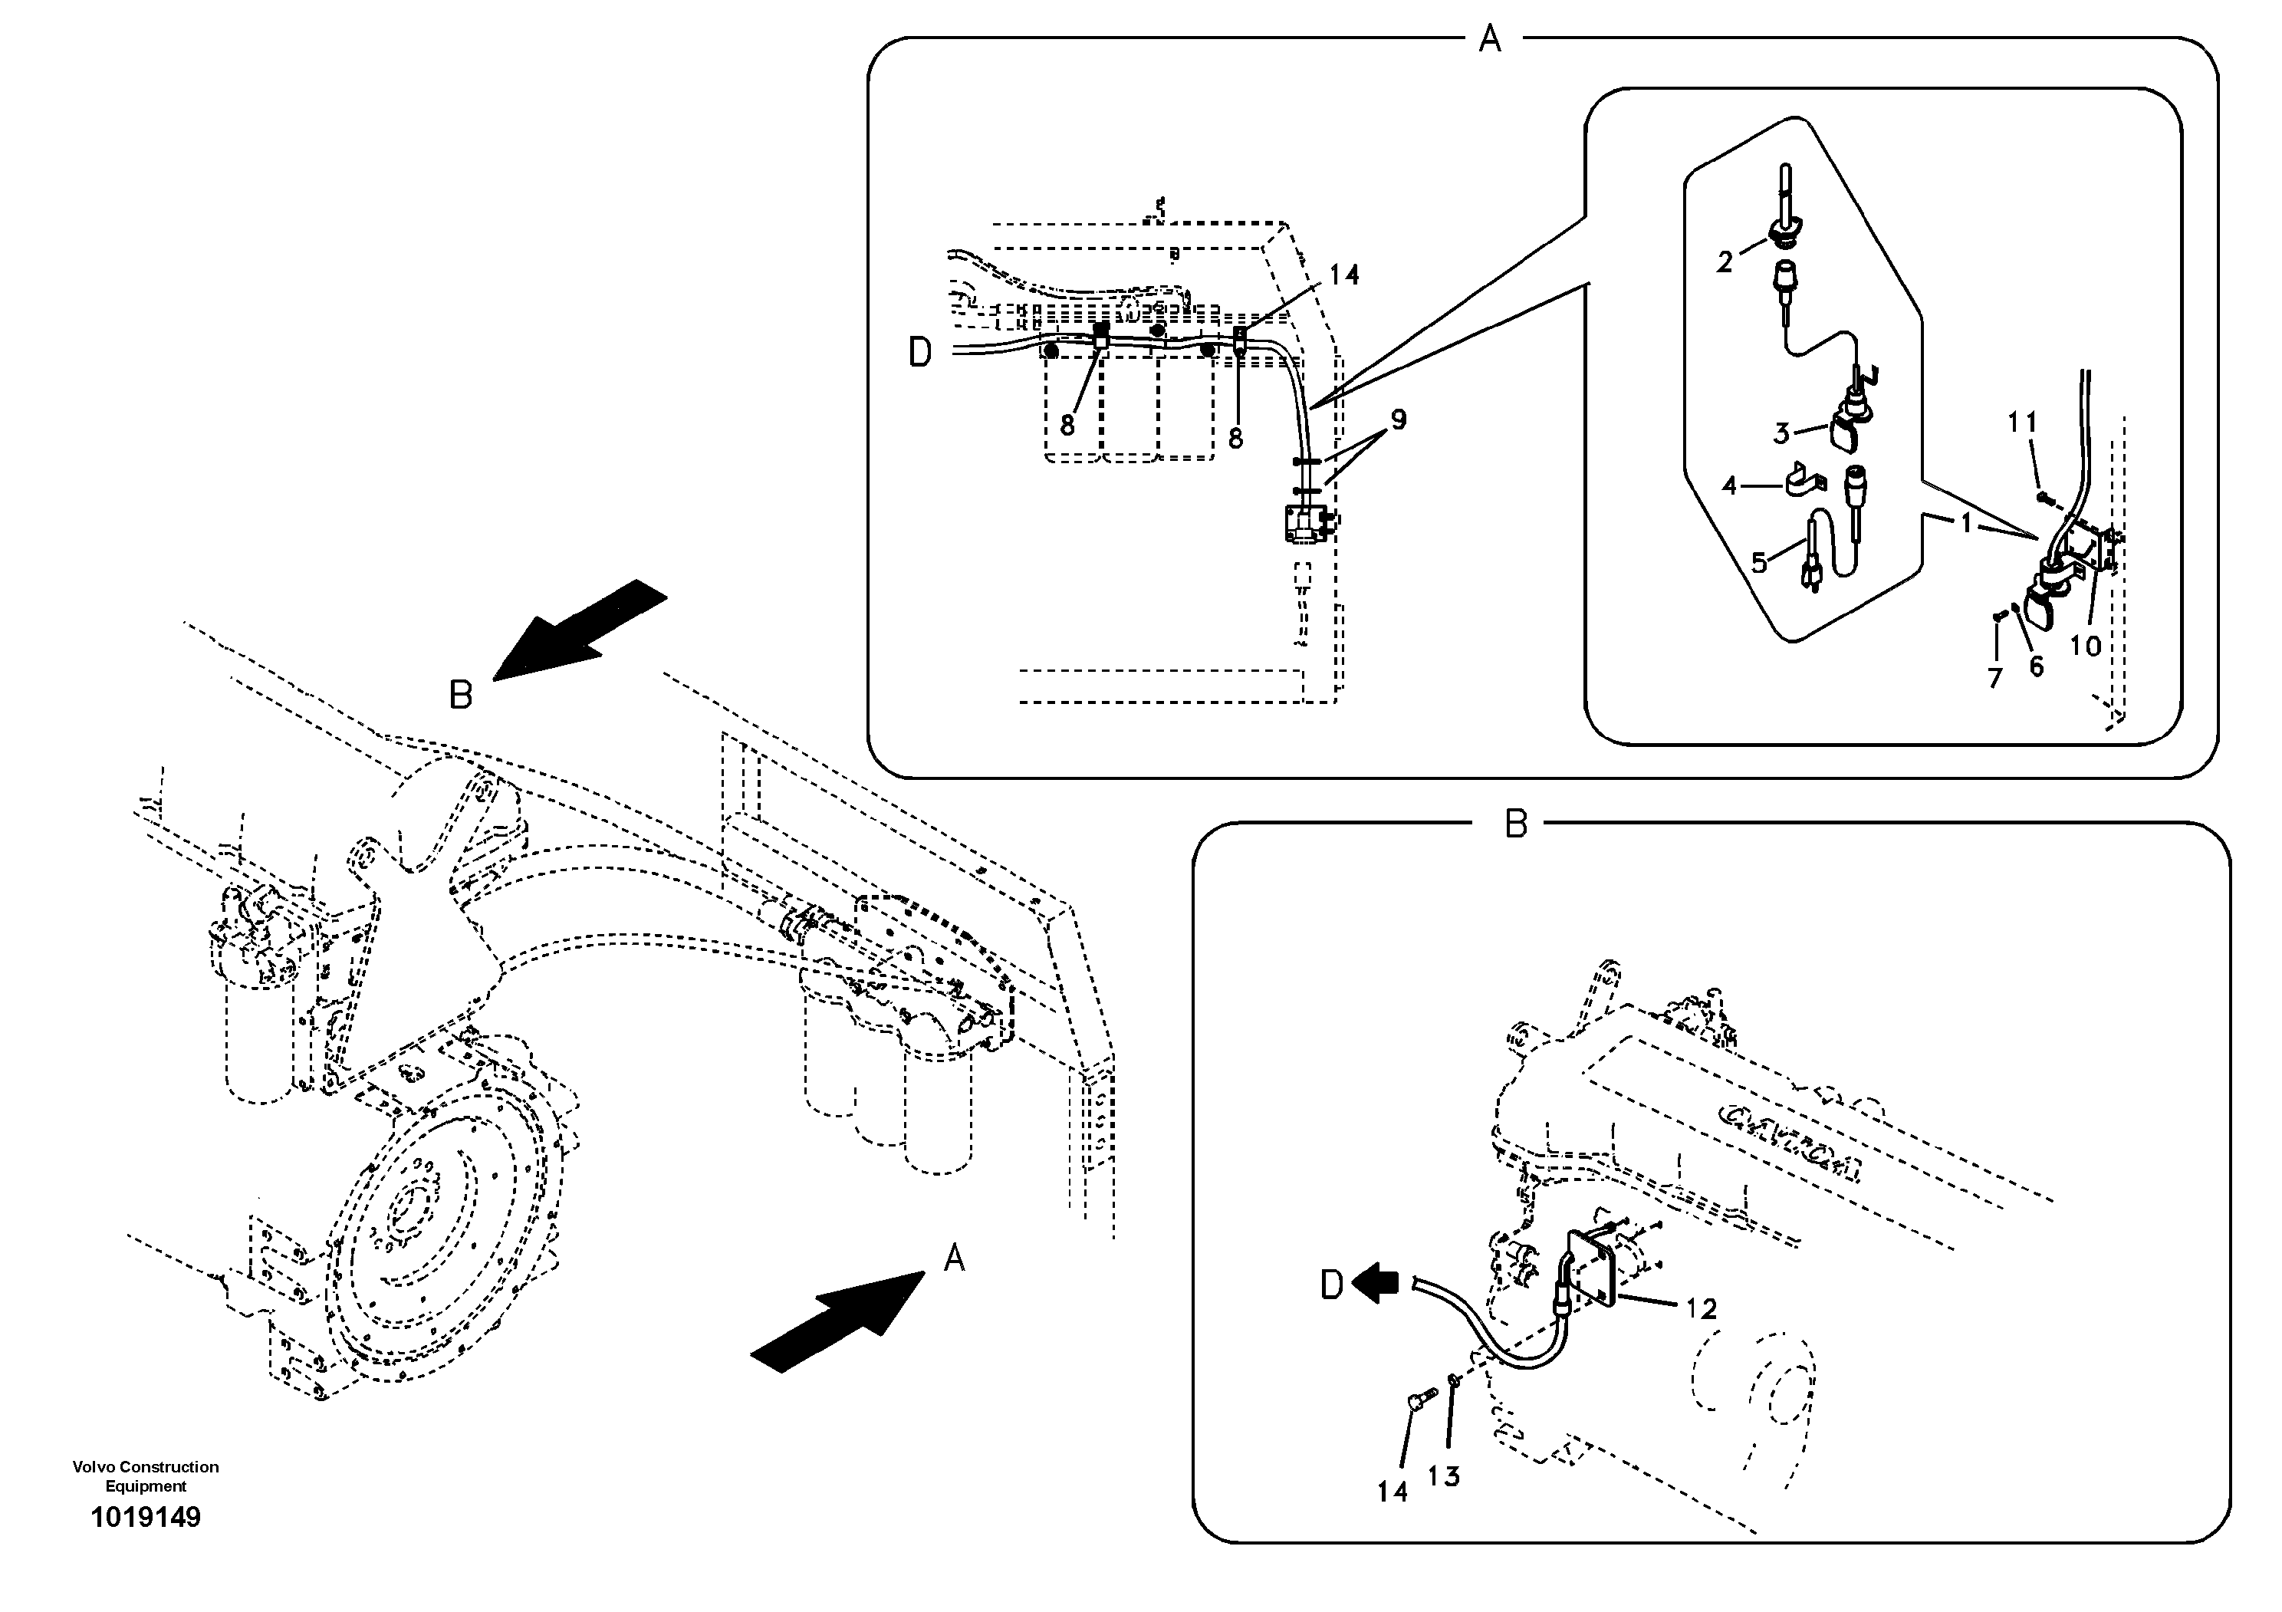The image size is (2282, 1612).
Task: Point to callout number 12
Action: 1702,1309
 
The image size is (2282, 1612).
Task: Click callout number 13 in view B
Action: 1443,1477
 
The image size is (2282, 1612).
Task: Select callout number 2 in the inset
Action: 1725,262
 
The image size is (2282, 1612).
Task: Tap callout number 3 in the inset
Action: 1781,433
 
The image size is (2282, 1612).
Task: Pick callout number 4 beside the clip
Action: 1729,486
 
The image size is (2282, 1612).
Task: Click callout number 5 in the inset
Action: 1758,564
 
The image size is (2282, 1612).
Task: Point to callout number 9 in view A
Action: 1399,420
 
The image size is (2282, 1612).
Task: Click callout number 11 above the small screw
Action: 2021,423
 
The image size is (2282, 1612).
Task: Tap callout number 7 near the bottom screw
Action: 1994,678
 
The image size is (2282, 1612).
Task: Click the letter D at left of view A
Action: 920,353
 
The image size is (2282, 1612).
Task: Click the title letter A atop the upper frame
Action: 1489,40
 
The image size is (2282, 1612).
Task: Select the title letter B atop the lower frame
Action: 1516,824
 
